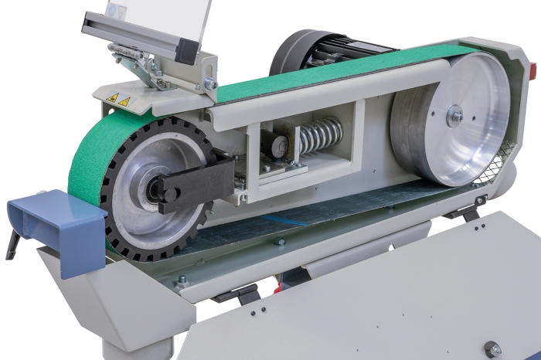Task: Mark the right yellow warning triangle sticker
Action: click(x=124, y=100)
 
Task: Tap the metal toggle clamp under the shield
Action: click(x=139, y=62)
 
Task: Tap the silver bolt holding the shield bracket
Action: click(x=209, y=83)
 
